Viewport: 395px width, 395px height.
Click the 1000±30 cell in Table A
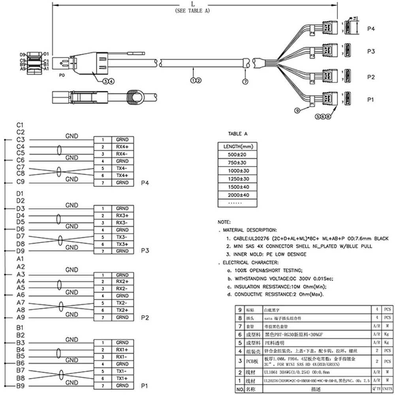[237, 171]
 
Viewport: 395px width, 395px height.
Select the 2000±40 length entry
[237, 195]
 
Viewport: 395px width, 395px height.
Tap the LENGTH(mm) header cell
[237, 147]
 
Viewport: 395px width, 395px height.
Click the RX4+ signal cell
[122, 147]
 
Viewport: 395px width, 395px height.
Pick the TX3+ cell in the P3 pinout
[122, 245]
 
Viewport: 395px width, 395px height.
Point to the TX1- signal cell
[122, 371]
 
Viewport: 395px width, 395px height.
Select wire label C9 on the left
[21, 182]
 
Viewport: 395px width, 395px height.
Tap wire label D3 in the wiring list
[21, 208]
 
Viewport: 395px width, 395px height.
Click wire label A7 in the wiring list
[21, 302]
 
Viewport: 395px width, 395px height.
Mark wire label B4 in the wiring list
[21, 349]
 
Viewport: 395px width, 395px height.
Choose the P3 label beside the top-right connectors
[371, 51]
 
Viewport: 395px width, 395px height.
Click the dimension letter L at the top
[193, 4]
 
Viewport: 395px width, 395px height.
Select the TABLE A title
[238, 134]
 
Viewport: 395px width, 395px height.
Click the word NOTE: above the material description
[224, 222]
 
